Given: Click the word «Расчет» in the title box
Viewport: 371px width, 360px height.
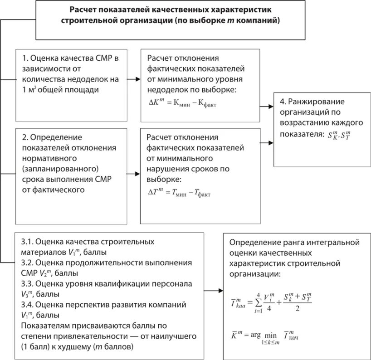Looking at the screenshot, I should [83, 10].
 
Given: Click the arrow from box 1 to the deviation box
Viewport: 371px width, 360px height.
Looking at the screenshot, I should [133, 78].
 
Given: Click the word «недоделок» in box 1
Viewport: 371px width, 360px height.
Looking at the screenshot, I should [92, 79].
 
